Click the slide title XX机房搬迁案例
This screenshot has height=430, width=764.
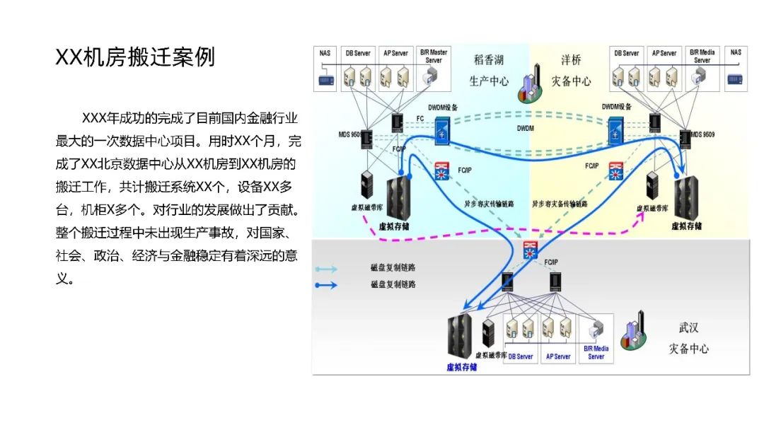tap(135, 57)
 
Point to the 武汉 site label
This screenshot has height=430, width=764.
tap(688, 327)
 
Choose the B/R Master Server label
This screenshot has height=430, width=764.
tap(434, 56)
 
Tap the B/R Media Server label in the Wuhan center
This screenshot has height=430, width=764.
tap(596, 352)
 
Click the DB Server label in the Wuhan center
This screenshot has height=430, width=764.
tap(521, 356)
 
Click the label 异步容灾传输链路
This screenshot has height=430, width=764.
tap(489, 203)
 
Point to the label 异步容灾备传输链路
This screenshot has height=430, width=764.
tap(560, 203)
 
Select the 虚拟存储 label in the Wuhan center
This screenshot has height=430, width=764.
tap(462, 367)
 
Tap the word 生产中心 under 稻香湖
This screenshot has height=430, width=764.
tap(489, 81)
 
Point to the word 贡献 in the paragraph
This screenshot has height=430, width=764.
tap(277, 210)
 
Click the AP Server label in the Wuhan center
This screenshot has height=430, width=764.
tap(557, 356)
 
